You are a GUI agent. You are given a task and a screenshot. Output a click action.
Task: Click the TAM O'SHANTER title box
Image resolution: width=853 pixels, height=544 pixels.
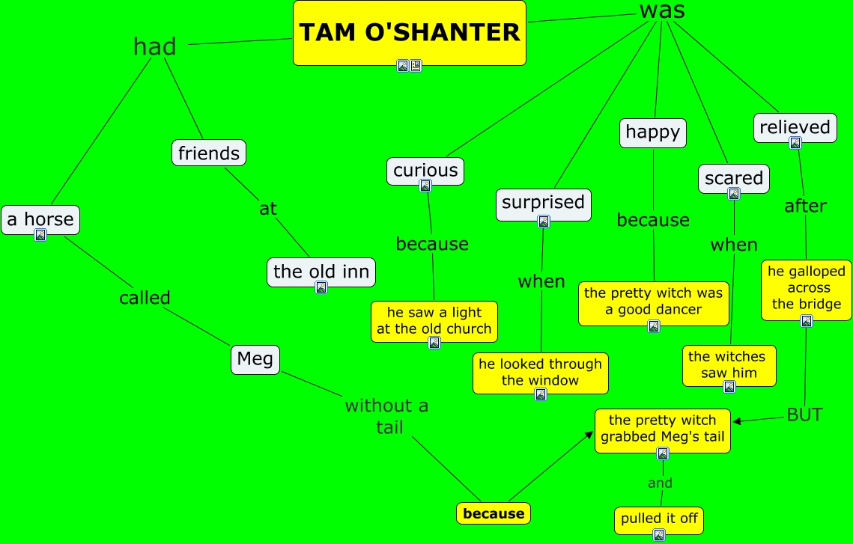tap(409, 32)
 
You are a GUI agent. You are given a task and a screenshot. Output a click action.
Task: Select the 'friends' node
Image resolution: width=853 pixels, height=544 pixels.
tap(208, 153)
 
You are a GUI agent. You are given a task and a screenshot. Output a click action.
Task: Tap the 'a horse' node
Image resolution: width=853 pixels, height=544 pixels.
tap(40, 218)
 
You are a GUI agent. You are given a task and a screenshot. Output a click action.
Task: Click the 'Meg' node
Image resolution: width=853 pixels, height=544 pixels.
tap(255, 359)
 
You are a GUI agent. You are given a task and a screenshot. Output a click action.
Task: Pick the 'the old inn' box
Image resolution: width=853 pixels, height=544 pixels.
tap(321, 271)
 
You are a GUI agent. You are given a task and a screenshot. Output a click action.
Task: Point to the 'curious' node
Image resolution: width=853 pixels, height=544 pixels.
tap(425, 170)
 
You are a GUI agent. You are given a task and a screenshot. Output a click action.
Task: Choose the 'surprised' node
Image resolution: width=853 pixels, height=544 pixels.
tap(543, 202)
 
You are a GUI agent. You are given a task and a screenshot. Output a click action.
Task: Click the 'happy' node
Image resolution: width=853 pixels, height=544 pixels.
tap(652, 132)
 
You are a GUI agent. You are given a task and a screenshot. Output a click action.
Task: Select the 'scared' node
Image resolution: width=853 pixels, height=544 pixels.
tap(733, 178)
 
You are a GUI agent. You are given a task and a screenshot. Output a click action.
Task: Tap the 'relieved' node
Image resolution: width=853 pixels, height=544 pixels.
tap(795, 127)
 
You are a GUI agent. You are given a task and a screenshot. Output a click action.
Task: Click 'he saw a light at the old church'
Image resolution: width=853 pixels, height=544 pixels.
tap(434, 320)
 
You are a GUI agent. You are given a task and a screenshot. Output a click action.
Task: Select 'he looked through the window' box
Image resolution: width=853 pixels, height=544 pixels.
tap(540, 372)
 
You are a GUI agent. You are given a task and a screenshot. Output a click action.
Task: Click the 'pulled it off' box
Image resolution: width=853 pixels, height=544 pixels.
tap(658, 519)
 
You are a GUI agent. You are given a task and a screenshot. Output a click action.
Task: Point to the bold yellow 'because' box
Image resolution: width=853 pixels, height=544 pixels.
tap(494, 513)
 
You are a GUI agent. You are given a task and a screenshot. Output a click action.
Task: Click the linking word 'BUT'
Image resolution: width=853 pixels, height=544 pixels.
tap(804, 415)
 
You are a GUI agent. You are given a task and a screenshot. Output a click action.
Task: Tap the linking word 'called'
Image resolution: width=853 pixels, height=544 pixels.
tap(145, 298)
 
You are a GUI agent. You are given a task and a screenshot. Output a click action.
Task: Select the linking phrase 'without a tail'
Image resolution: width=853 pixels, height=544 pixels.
tap(386, 416)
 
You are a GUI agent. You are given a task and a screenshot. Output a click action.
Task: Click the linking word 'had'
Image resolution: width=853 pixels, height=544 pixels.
tap(155, 46)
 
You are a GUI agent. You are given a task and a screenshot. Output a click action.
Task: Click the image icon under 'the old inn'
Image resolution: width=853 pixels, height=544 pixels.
tap(321, 287)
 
